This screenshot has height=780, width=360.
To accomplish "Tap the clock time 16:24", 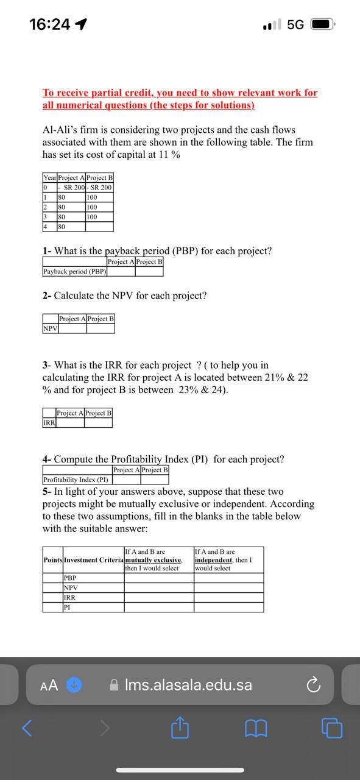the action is [49, 24].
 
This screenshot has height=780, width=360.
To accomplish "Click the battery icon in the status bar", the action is [322, 24].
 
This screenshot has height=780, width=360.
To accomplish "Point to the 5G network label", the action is [295, 24].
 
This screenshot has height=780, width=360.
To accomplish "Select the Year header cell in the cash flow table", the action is [49, 177].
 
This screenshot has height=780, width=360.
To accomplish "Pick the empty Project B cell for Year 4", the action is [99, 227].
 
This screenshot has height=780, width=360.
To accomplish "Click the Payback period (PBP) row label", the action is [74, 271].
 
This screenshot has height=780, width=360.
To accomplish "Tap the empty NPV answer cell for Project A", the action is [72, 328].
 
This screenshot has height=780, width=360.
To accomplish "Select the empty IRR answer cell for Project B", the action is [98, 422].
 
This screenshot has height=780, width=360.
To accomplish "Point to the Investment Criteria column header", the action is [93, 560].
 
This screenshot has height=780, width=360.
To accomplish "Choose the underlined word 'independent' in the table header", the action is [213, 560].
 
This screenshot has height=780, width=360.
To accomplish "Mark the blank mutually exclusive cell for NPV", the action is [159, 588].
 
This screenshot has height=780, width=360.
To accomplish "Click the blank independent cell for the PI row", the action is [229, 608].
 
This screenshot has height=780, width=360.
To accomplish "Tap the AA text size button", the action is [49, 686].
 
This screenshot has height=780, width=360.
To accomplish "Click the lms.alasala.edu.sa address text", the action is [188, 685].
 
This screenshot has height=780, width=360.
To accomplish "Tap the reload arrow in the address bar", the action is [313, 686].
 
